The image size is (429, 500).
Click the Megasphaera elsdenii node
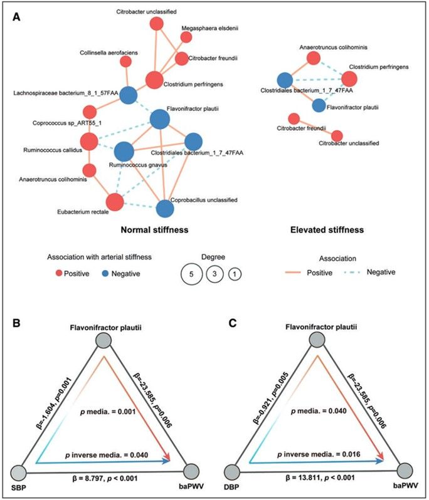coord(186,36)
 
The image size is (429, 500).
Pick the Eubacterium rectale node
coord(114,202)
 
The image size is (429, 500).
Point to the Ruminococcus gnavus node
coord(124,152)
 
